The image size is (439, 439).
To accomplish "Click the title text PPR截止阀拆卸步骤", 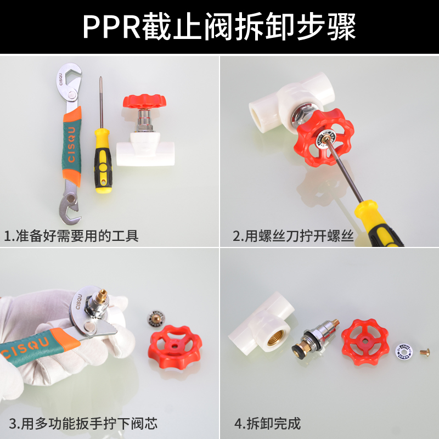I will tap(219, 26).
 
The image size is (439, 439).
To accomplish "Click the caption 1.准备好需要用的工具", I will tap(71, 237).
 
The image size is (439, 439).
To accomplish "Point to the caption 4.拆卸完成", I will tap(267, 424).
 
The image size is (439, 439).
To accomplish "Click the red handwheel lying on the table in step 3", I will tap(176, 348).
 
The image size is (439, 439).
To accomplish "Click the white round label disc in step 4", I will tap(404, 350).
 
